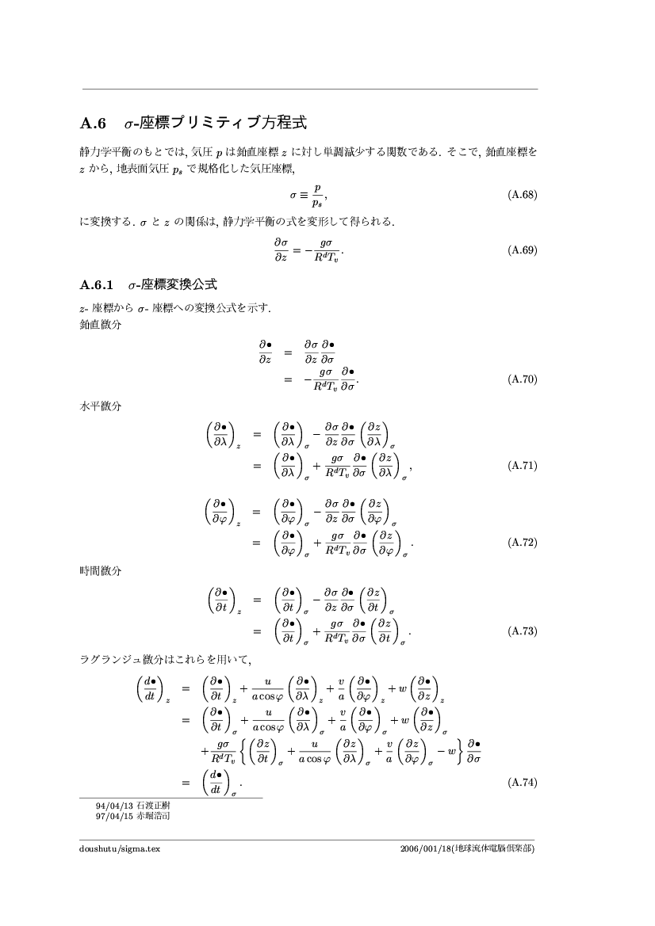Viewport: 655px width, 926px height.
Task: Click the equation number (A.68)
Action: [522, 194]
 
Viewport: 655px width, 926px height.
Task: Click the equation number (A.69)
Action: [522, 250]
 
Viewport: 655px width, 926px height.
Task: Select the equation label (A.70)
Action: [522, 379]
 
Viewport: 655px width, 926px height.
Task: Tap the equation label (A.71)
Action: [522, 466]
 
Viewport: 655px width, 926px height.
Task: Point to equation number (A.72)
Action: [522, 543]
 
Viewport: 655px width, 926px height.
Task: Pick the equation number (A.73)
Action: [522, 631]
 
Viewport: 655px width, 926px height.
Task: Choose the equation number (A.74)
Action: [522, 783]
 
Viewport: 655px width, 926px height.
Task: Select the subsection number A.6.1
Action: [98, 284]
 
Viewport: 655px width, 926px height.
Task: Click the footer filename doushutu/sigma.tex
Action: [120, 849]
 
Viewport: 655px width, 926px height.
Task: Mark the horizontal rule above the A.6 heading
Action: [309, 89]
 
